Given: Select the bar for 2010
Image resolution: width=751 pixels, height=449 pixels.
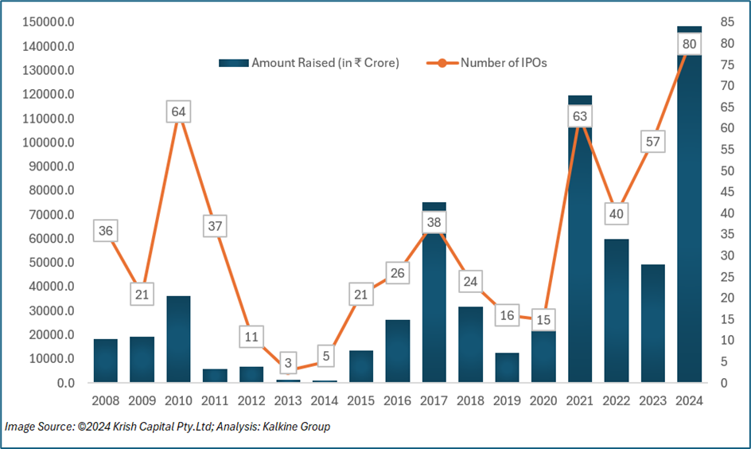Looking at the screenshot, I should pos(178,339).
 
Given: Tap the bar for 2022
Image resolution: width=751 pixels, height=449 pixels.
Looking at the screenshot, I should pos(617,310).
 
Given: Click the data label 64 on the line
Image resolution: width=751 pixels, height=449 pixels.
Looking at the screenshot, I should pos(178,111).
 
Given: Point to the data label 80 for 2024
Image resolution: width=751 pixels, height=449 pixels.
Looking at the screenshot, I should pos(689,44).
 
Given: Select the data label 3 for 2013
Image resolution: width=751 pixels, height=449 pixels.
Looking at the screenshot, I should pos(288,363).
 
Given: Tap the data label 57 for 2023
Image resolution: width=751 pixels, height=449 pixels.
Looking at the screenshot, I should pos(652,142).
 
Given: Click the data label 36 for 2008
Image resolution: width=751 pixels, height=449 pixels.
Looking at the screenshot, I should pos(105,231).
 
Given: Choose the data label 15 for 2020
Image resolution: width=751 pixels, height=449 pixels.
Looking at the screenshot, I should pos(543,319).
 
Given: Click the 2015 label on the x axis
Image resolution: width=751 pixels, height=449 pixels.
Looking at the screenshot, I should pos(361,400).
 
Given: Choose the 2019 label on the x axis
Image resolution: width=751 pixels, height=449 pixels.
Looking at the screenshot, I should pos(507,400).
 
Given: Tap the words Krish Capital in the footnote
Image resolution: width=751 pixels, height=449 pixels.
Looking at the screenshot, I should pos(131,427).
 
